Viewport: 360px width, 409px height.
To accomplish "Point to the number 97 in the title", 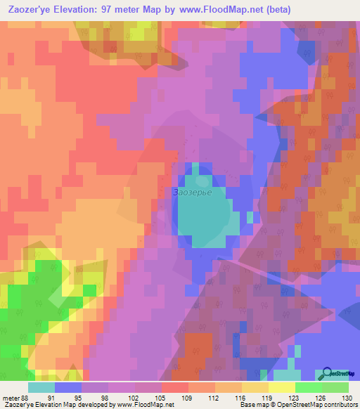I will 114,10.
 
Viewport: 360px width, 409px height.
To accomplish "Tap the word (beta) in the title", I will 274,10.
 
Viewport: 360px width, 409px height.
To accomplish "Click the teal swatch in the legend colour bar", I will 41,387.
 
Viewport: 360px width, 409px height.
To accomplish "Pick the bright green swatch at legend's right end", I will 335,387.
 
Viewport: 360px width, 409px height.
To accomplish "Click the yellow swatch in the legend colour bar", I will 281,387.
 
